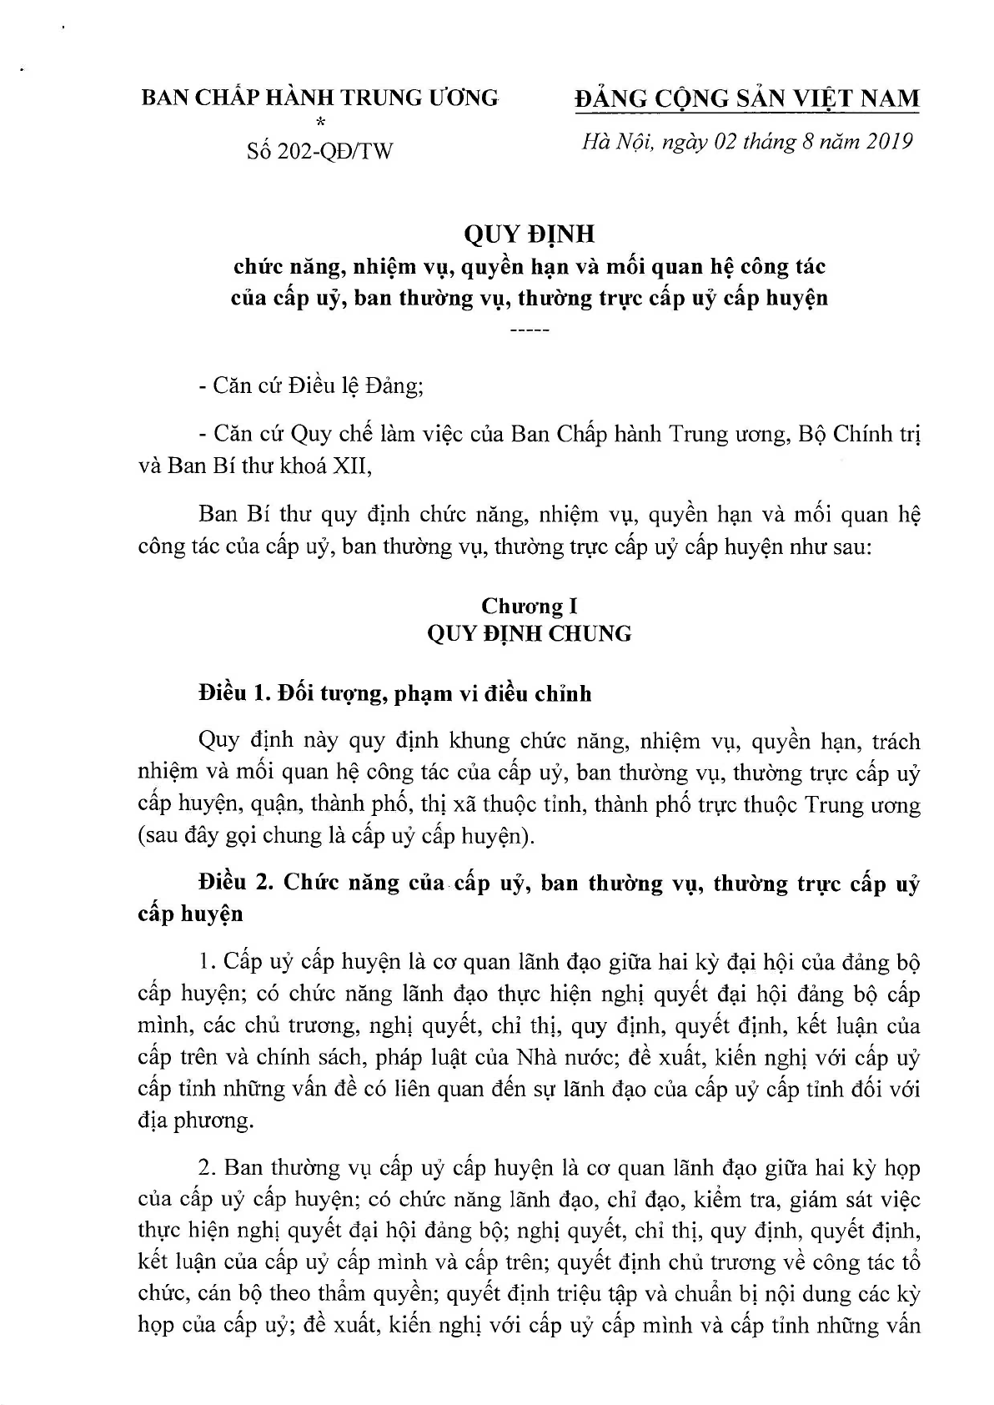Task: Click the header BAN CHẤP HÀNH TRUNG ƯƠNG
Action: click(x=319, y=98)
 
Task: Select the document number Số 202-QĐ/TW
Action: click(x=319, y=151)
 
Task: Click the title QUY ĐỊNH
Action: click(x=529, y=235)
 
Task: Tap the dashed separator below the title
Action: click(x=529, y=332)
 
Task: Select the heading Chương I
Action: click(x=529, y=606)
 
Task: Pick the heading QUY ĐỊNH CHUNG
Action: click(x=529, y=634)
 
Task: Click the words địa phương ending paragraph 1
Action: click(x=195, y=1120)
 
